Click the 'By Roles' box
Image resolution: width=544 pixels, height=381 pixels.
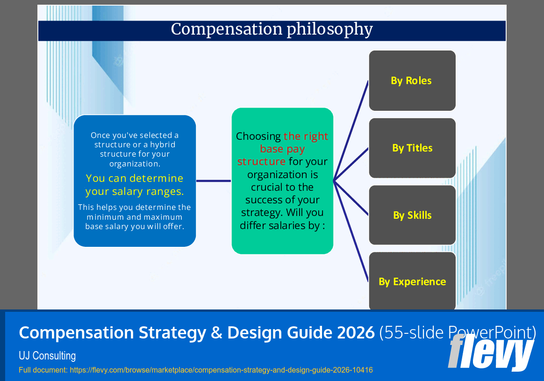coord(412,80)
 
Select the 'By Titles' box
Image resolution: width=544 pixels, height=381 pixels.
coord(412,148)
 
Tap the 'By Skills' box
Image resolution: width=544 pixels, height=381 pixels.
coord(412,215)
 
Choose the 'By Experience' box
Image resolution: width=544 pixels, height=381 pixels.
coord(412,281)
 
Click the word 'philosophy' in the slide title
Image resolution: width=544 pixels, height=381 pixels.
coord(329,29)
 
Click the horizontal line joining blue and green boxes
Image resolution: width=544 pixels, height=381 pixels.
coord(214,180)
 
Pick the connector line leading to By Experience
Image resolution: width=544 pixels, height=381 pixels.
coord(351,232)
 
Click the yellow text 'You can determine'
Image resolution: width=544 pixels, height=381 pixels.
coord(135,178)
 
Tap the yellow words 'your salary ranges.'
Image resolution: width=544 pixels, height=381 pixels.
coord(135,192)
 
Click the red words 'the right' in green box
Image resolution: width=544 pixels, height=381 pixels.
coord(306,137)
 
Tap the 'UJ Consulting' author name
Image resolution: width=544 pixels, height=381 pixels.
coord(47,356)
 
